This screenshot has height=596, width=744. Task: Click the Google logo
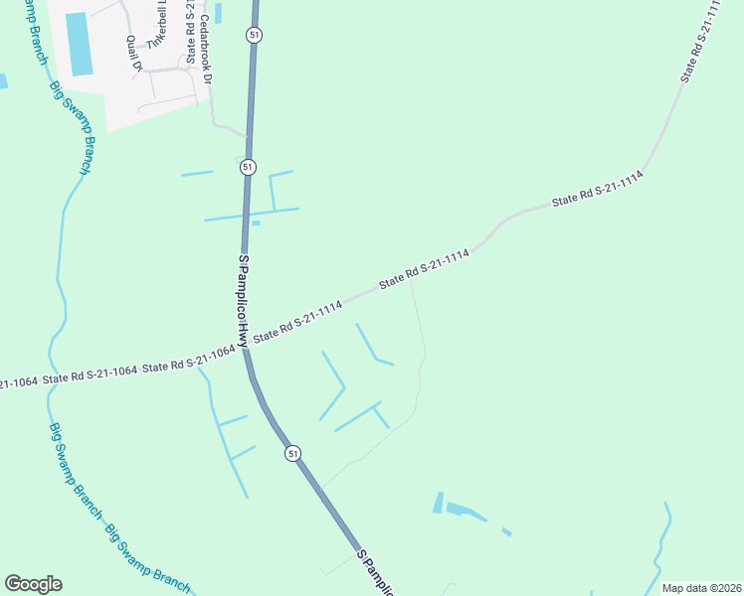(33, 584)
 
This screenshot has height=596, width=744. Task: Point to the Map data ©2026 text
(701, 588)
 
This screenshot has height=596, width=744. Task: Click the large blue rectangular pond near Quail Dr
(79, 45)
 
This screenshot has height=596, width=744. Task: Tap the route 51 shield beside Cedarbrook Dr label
(254, 35)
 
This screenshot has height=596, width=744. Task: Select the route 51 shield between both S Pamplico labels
(292, 453)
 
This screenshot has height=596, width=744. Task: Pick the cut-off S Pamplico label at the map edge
(376, 573)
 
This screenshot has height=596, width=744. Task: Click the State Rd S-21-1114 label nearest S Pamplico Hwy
(298, 322)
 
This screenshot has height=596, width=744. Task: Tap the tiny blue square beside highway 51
(256, 223)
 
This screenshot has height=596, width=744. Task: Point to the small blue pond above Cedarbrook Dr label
(217, 13)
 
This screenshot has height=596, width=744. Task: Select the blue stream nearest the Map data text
(658, 551)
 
